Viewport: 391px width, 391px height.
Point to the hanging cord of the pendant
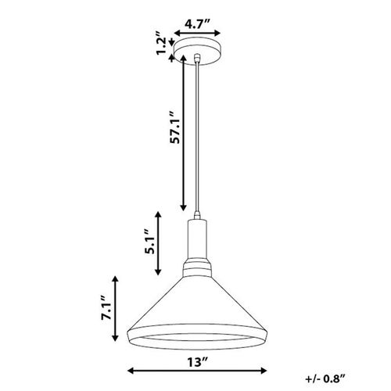[x=199, y=141]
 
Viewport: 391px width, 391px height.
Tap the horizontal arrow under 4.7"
[x=199, y=34]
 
